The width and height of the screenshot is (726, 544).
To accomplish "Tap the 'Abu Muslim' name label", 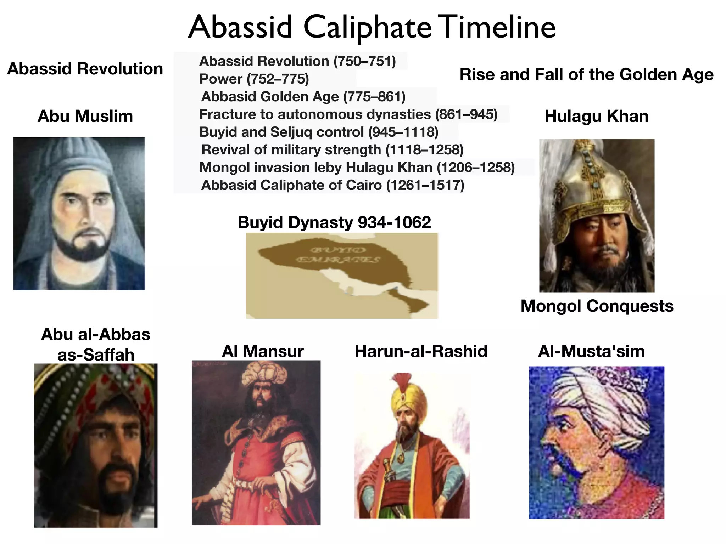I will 85,116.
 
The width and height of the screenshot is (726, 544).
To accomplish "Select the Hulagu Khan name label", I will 596,116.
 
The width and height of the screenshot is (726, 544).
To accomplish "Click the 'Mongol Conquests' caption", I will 597,306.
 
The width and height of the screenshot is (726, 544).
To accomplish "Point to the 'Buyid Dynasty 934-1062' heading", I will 334,222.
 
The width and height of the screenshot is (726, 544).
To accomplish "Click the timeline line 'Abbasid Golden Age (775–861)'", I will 303,96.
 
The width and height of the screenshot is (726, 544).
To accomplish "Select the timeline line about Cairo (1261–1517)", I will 333,185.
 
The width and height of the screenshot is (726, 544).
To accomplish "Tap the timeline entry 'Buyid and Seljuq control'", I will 319,132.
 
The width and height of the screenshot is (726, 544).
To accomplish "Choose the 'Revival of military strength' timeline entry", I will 332,149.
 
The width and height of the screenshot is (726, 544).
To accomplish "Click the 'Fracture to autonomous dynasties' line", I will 348,114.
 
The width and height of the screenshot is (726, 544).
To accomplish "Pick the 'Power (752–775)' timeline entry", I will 254,79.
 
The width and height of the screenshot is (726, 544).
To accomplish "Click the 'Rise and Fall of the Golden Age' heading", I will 586,74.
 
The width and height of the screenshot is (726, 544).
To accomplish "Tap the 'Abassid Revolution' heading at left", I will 85,69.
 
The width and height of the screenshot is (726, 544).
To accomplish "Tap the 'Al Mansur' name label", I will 263,351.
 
